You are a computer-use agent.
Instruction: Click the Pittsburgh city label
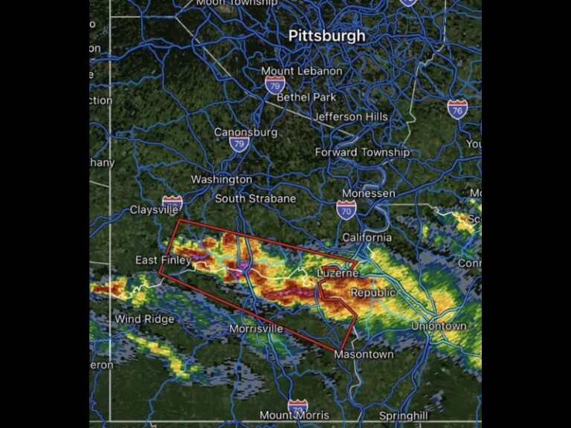pos(327,36)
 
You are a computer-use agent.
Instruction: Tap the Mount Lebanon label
pos(302,71)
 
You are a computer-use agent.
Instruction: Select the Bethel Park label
pos(306,97)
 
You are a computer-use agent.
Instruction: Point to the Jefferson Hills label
pos(350,117)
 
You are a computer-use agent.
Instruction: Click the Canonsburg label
pos(245,132)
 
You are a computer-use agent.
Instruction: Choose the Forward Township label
pos(362,152)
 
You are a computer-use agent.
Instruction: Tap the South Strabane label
pos(255,198)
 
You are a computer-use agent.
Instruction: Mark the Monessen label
pos(369,193)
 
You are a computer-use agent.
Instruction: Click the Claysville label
pos(154,210)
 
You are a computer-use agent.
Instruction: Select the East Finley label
pos(163,260)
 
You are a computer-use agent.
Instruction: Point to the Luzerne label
pos(338,273)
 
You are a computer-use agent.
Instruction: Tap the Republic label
pos(373,293)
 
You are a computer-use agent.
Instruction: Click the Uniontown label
pos(439,326)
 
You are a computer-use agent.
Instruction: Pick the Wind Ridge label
pos(144,320)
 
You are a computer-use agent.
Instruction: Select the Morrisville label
pos(257,328)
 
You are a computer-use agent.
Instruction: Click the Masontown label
pos(364,354)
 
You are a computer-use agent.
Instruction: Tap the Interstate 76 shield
pos(458,108)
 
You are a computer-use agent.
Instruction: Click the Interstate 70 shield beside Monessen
pos(346,210)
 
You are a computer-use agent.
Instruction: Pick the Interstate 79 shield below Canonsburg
pos(239,144)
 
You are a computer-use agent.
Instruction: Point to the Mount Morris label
pos(294,415)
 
